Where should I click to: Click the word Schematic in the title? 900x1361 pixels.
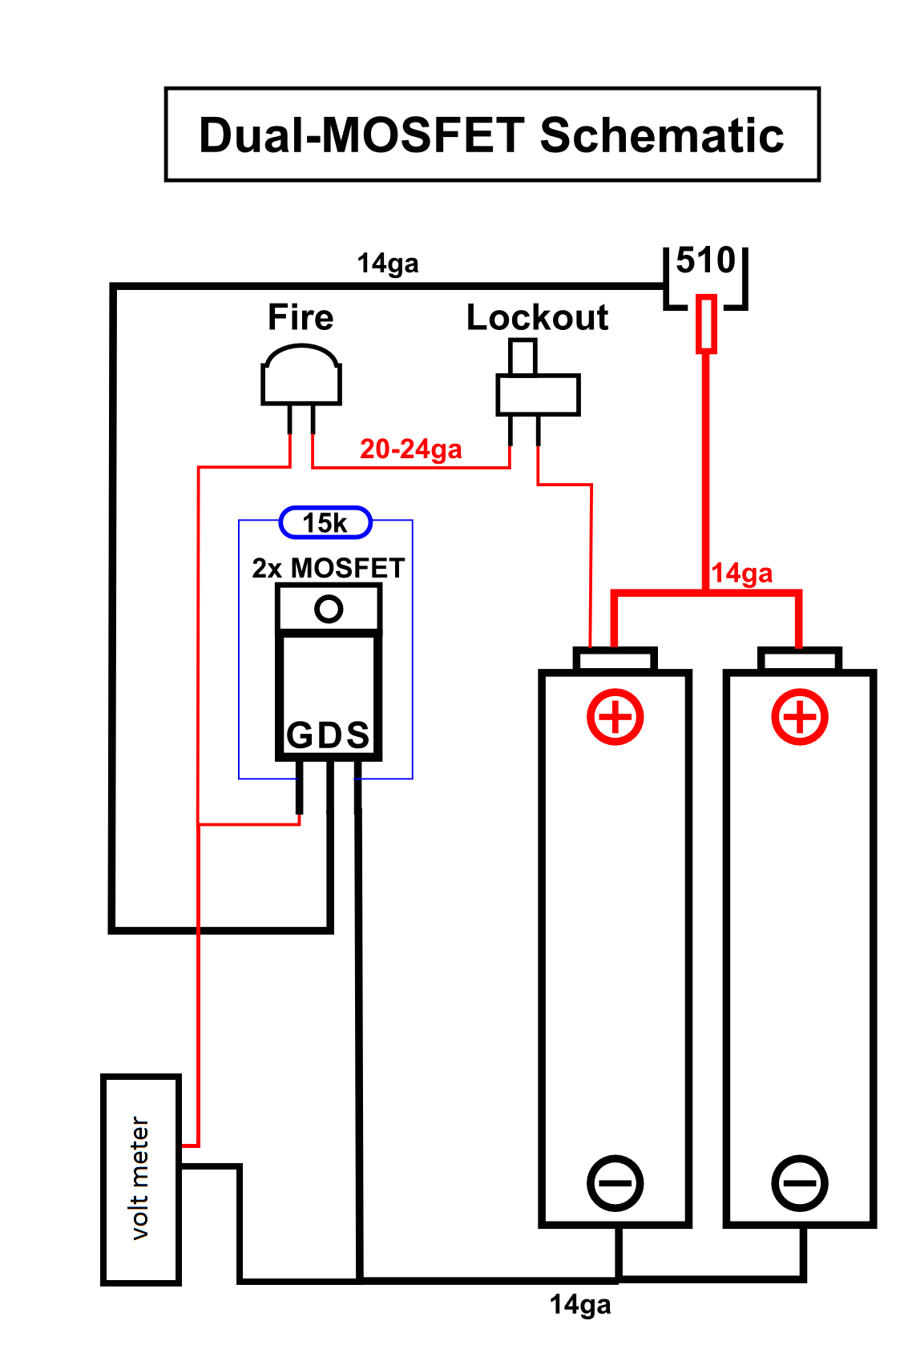[661, 135]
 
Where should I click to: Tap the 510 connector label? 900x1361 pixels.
[705, 260]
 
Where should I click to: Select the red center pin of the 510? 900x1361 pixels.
[705, 324]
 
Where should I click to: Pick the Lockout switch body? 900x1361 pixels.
[538, 394]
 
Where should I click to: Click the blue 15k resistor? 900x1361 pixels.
[325, 523]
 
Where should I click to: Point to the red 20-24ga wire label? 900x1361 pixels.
[410, 449]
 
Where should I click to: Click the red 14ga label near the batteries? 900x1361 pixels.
[742, 573]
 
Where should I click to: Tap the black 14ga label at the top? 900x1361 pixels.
[387, 263]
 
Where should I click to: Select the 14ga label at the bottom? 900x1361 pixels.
[580, 1304]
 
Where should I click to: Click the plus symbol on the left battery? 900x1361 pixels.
[615, 716]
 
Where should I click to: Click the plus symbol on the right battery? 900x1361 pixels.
[800, 716]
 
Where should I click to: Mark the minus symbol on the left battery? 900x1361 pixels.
[615, 1182]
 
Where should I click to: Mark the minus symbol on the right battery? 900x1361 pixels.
[800, 1182]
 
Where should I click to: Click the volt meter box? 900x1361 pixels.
[141, 1179]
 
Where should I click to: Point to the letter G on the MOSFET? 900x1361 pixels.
[300, 735]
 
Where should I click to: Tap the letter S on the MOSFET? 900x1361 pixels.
[357, 735]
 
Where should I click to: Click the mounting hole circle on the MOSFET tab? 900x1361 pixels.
[329, 609]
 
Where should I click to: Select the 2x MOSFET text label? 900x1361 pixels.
[329, 568]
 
